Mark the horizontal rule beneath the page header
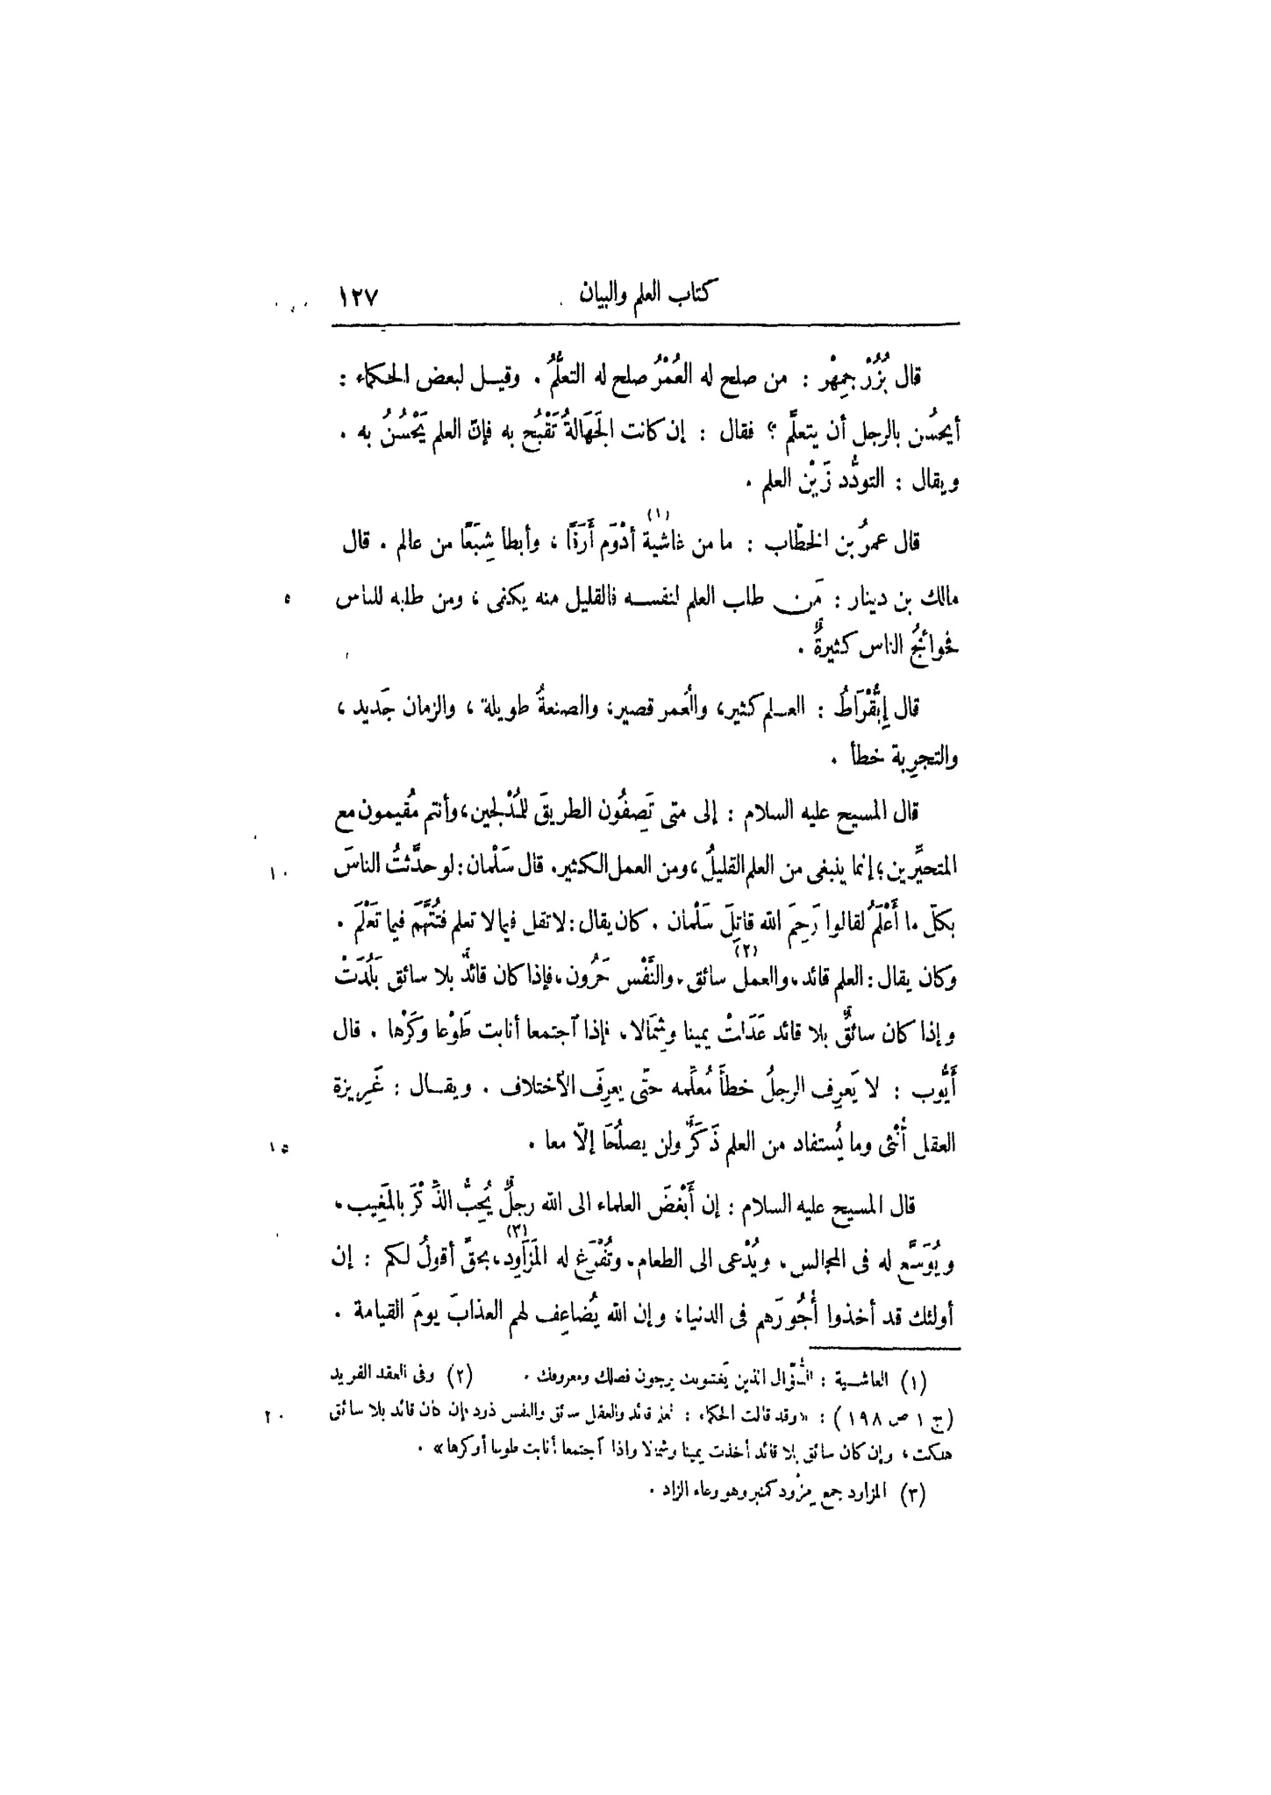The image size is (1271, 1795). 646,325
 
